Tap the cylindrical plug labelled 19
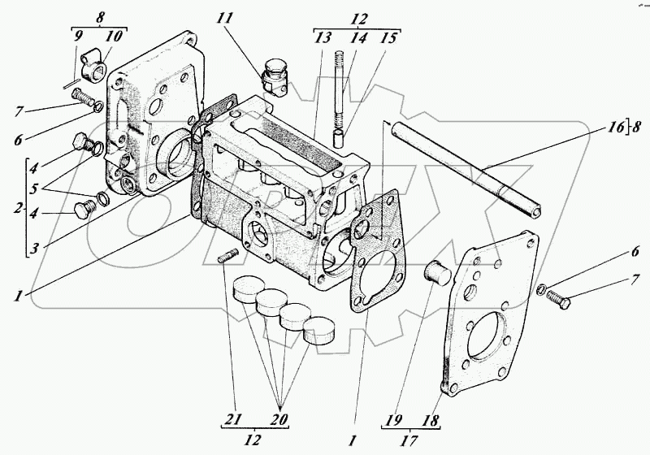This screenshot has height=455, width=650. (440, 273)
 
